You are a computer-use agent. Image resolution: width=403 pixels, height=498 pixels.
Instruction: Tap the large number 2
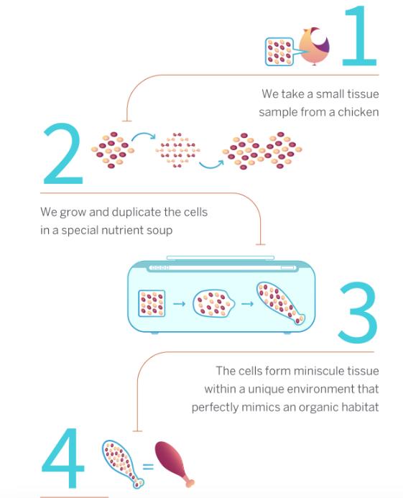pos(62,154)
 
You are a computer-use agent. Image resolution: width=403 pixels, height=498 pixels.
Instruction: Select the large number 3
pos(358,313)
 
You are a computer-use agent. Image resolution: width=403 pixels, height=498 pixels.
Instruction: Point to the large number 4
pos(63,458)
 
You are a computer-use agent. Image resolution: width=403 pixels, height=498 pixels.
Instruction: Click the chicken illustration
pos(315,46)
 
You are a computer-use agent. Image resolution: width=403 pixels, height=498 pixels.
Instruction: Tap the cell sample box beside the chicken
pos(279,52)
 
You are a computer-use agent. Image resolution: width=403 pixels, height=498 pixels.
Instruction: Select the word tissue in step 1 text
pos(363,94)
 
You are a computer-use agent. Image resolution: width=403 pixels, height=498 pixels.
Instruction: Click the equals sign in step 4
pos(148,466)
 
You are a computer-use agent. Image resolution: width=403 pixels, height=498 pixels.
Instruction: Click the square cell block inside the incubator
pos(152,303)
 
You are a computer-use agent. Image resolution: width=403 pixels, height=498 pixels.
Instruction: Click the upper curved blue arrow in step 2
pos(144,134)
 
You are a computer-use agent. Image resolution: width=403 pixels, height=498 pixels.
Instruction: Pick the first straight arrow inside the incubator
pos(179,304)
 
